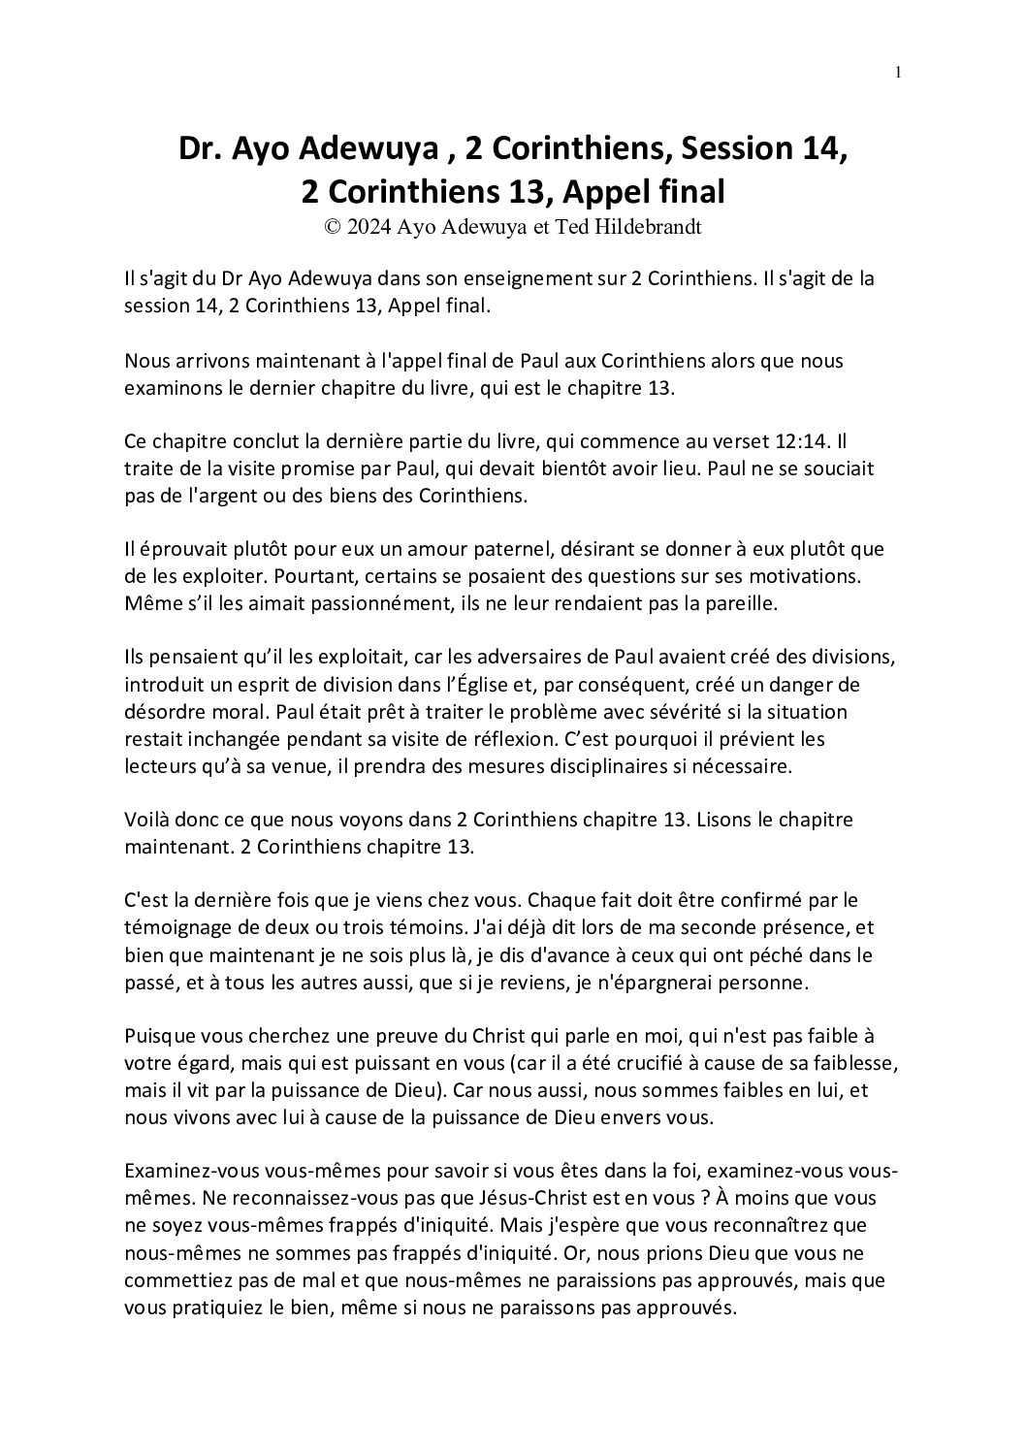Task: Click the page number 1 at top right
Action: click(x=899, y=72)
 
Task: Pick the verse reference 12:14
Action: click(x=804, y=441)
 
